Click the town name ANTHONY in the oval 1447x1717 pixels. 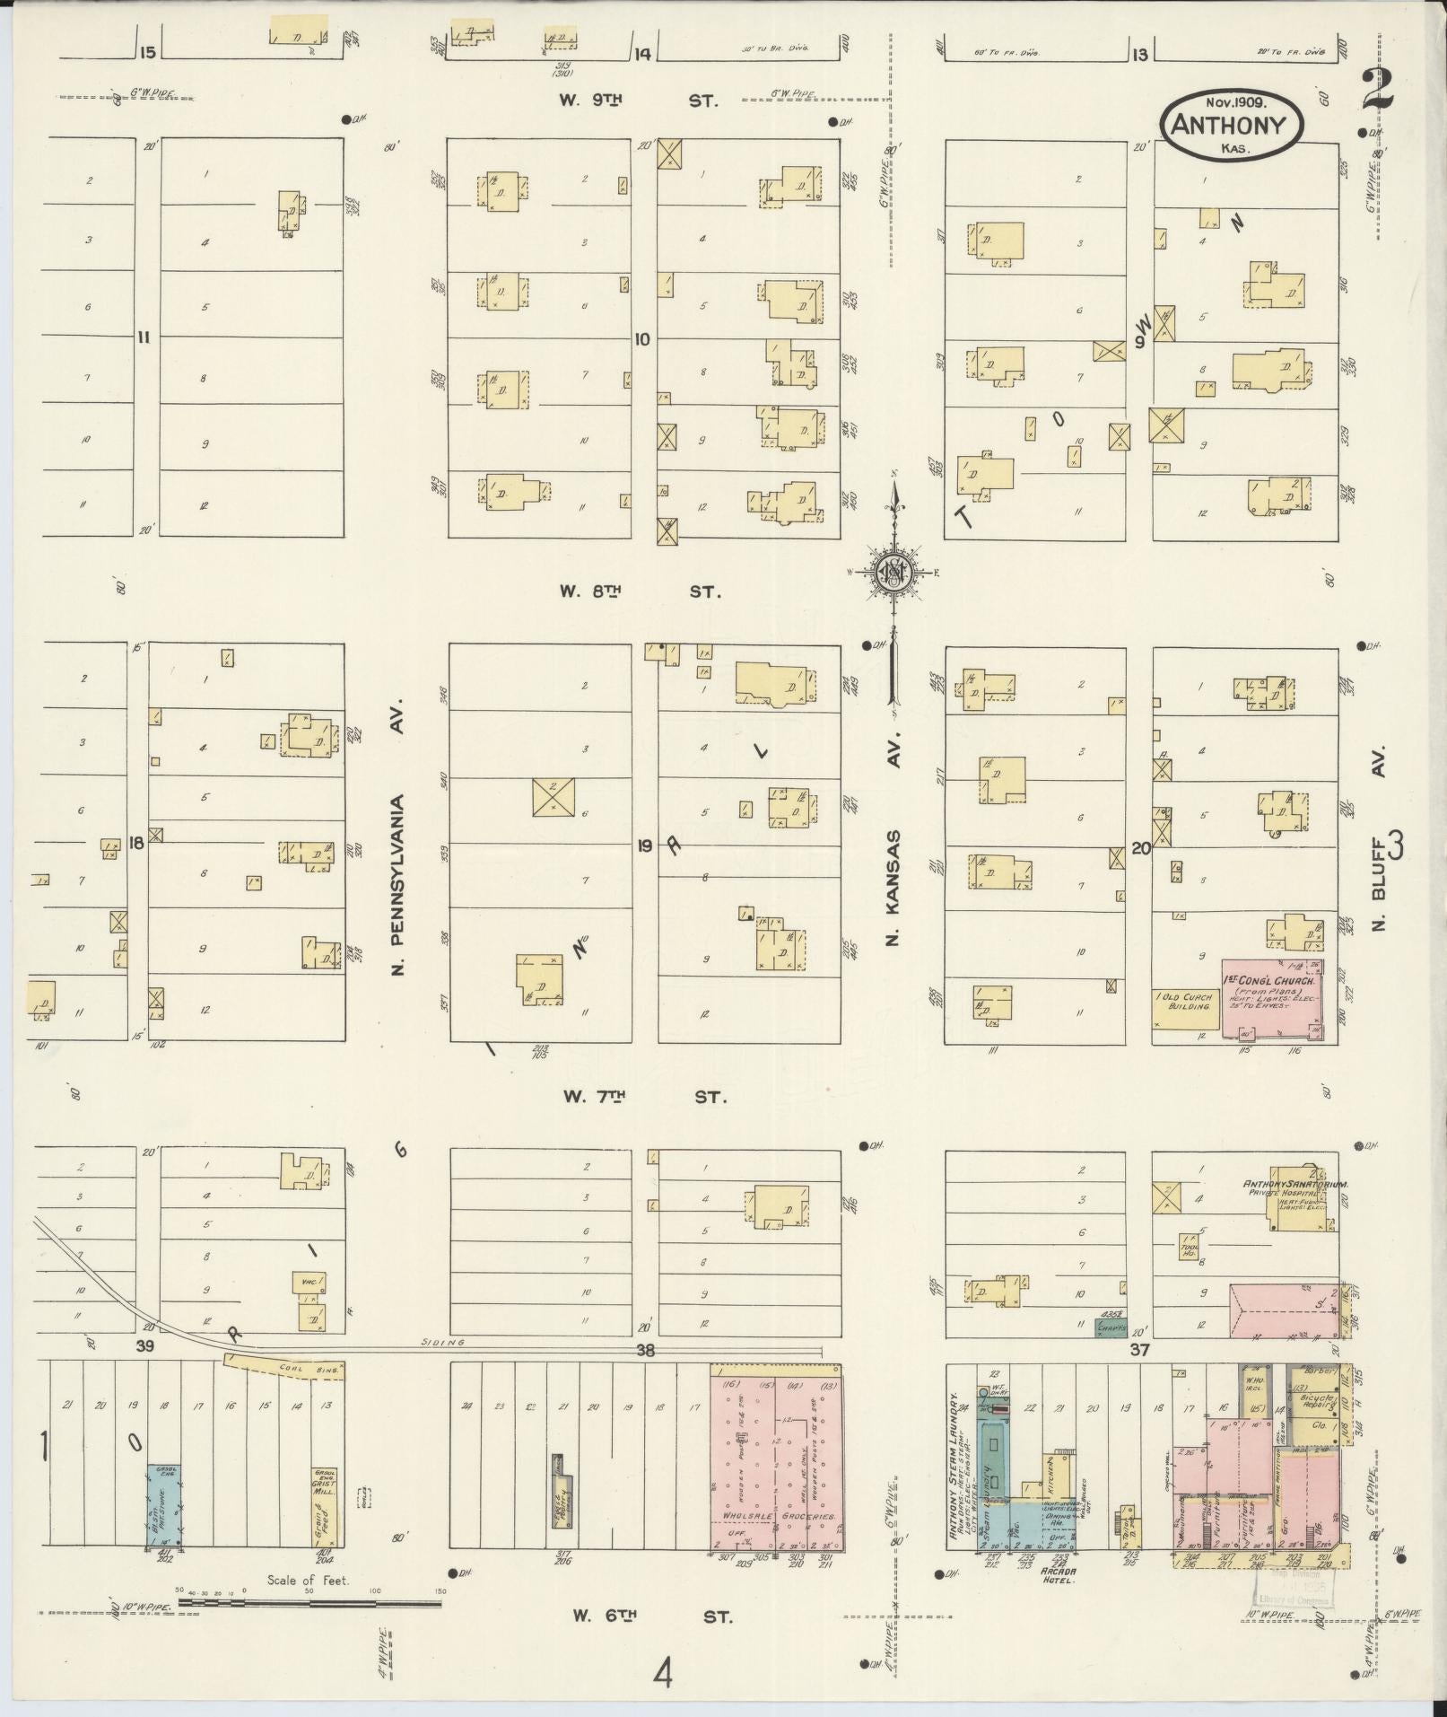tap(1233, 127)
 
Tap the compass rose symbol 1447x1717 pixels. tap(893, 570)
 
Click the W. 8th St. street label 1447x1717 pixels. tap(640, 591)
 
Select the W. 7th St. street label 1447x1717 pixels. tap(643, 1096)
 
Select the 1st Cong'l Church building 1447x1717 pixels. tap(1271, 998)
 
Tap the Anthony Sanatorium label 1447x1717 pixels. tap(1283, 1185)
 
